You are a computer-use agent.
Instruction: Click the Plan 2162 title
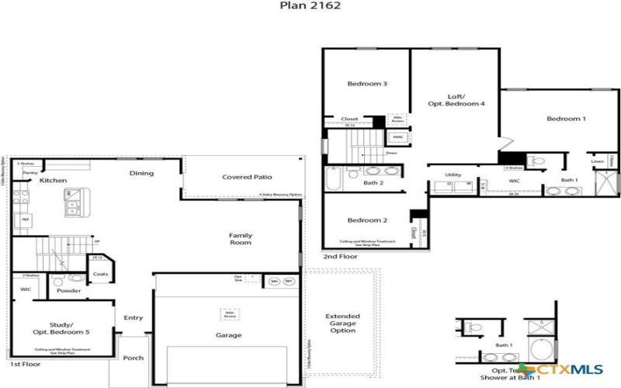[310, 5]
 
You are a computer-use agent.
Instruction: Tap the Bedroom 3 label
[367, 84]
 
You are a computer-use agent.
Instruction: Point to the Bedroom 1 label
[566, 119]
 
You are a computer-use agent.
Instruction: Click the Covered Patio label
[247, 177]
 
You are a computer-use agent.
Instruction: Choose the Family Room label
[241, 239]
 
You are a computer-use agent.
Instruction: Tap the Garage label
[230, 335]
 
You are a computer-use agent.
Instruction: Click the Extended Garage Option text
[342, 324]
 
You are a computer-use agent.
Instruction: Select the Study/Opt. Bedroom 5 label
[61, 327]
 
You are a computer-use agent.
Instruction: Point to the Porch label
[133, 359]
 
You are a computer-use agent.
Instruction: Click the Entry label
[133, 318]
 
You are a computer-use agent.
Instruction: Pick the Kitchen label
[53, 181]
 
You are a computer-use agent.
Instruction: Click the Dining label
[141, 173]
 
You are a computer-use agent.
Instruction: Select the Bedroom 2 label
[367, 220]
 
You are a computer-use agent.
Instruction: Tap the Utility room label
[453, 175]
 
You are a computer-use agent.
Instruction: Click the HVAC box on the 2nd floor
[397, 137]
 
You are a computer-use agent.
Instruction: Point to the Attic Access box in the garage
[230, 314]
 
